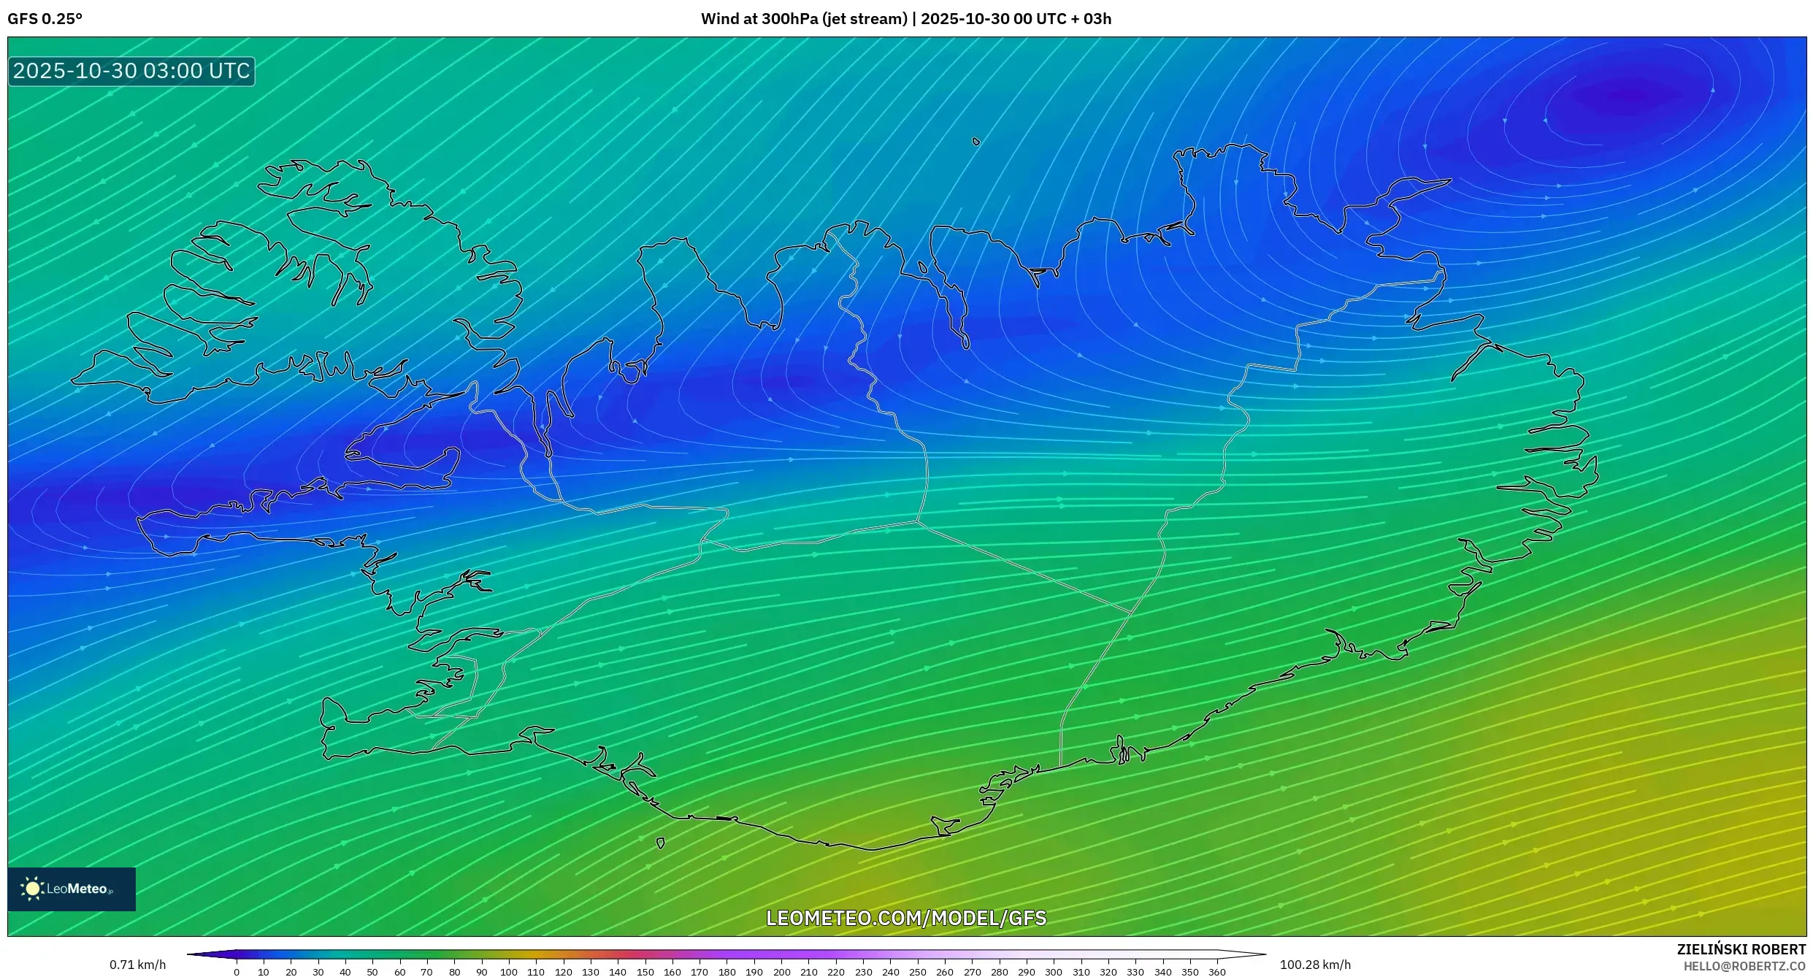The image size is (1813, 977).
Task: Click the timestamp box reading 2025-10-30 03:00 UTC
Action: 131,71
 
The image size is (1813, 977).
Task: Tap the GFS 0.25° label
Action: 45,19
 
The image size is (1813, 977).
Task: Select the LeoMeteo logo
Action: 72,889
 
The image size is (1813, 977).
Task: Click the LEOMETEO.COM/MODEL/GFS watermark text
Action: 906,918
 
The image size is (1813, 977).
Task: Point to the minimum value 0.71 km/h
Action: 137,965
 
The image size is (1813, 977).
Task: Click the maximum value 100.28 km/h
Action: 1315,965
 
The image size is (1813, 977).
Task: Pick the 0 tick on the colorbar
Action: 237,972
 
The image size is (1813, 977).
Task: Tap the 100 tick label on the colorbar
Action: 509,972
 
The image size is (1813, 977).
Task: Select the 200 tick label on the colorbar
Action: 781,972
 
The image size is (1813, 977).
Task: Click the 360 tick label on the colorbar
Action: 1217,972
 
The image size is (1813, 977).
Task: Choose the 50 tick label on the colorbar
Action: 372,972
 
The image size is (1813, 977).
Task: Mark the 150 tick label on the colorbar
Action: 645,972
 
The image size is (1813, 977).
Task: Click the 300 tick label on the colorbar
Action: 1054,972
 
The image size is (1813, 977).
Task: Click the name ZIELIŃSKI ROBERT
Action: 1741,949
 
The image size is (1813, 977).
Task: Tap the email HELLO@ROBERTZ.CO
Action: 1744,966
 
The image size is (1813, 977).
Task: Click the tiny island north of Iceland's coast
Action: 976,142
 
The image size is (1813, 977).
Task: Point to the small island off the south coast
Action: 661,843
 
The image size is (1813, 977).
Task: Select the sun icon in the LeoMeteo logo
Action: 32,889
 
